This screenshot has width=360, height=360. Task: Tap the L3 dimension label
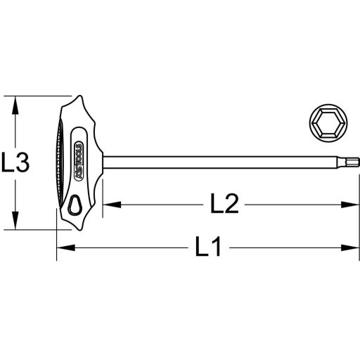(x=15, y=164)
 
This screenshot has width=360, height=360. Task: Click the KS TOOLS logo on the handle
(x=77, y=162)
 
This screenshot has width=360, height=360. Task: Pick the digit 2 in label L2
(x=233, y=205)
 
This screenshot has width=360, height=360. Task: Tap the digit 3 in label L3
(x=22, y=164)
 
